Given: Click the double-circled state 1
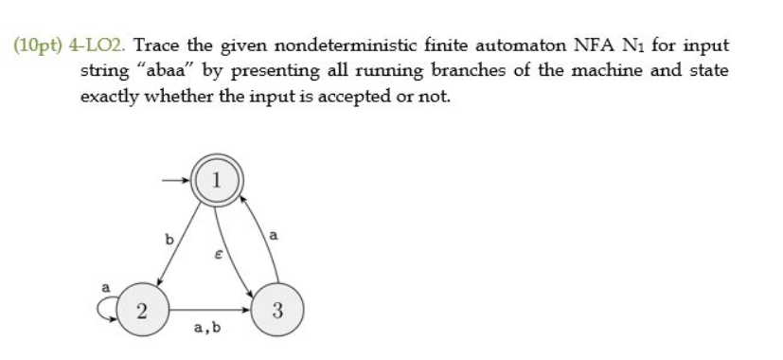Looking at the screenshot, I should (x=218, y=180).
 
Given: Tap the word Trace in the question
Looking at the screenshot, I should (x=168, y=45).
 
